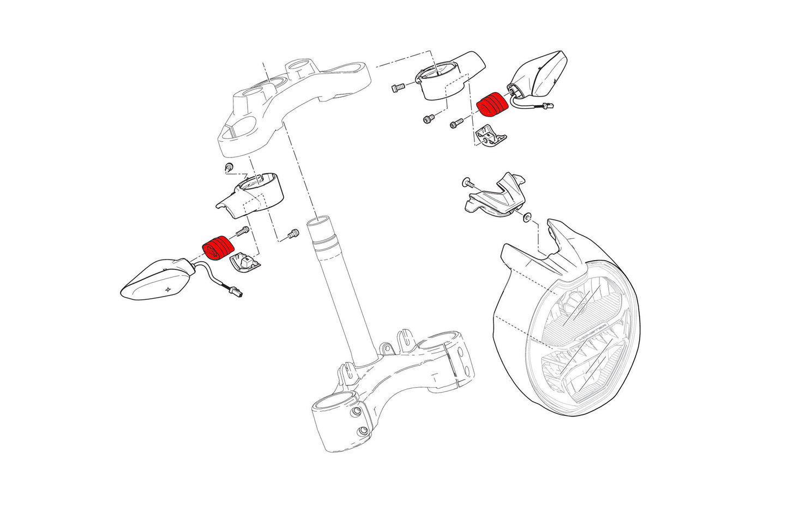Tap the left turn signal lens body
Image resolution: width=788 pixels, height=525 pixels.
[156, 279]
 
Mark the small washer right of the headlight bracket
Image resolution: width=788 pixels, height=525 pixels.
[526, 219]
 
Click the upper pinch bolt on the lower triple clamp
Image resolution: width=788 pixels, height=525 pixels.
[357, 411]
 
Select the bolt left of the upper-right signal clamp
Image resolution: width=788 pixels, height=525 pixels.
[397, 86]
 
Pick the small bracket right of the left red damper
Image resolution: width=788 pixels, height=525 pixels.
[244, 262]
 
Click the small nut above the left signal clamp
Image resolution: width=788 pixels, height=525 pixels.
[229, 166]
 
